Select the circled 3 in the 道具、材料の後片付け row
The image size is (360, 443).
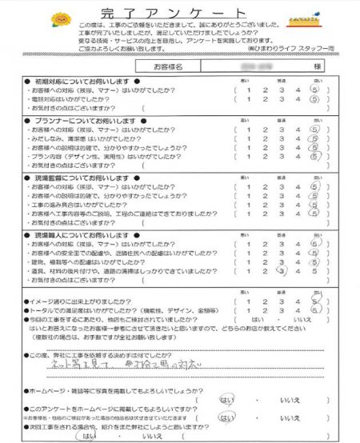coord(280,271)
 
